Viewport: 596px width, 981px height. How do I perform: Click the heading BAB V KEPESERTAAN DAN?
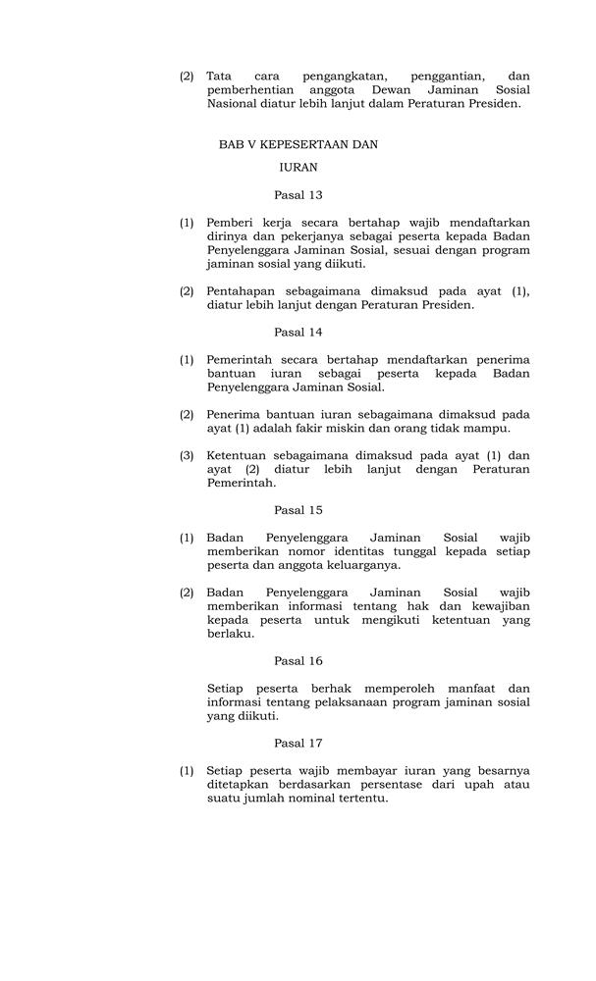[x=298, y=144]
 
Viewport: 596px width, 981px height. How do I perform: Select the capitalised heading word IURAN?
[x=298, y=168]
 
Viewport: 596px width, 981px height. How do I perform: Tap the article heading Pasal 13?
[x=298, y=195]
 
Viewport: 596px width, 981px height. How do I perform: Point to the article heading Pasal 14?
[x=298, y=332]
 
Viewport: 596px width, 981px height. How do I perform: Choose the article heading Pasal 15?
[x=298, y=510]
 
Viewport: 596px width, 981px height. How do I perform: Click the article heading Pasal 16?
[x=298, y=661]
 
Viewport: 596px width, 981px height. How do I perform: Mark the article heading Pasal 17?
[x=298, y=744]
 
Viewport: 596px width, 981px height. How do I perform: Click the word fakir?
[x=360, y=428]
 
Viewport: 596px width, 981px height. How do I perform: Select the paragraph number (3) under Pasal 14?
[x=187, y=455]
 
